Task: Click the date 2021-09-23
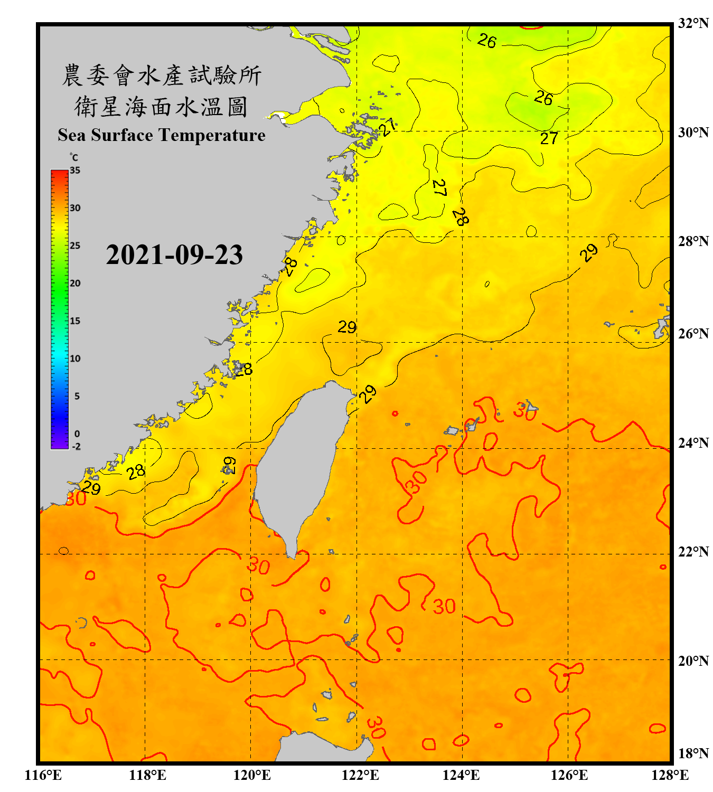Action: pos(174,254)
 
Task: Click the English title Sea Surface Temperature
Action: pos(162,135)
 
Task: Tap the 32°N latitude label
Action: pos(693,23)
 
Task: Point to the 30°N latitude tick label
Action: pos(693,132)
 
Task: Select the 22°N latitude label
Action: pos(693,552)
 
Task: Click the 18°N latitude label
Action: pos(693,753)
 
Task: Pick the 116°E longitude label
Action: pos(43,775)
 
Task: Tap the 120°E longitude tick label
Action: pos(252,775)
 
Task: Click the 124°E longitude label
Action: pos(461,775)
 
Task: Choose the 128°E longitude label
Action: pos(670,775)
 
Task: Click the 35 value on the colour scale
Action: pos(75,170)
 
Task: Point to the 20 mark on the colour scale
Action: pos(75,283)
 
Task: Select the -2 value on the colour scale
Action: pos(76,446)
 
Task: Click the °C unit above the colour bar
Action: pos(74,157)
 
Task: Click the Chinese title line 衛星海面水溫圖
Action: pos(161,107)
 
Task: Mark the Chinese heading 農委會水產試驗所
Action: pos(162,76)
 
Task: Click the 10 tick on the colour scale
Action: pos(75,359)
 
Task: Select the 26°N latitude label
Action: pos(693,334)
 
